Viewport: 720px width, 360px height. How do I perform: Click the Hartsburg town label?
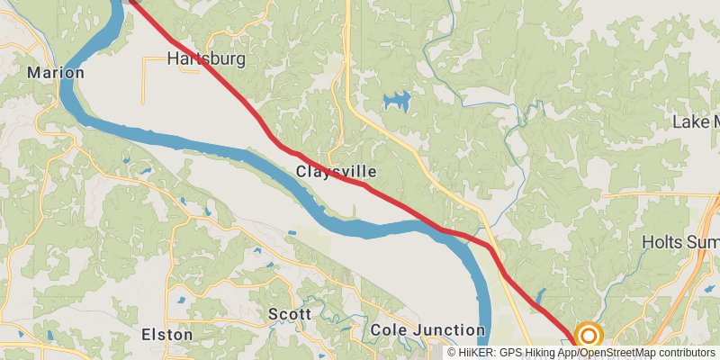207,60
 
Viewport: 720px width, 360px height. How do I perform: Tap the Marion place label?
56,72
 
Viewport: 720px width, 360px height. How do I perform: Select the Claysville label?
336,171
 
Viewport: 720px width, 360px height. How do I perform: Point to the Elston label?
167,334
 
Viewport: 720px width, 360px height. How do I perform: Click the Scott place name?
290,314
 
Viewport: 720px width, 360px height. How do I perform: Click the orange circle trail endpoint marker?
589,337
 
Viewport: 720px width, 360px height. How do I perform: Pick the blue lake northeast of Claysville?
396,100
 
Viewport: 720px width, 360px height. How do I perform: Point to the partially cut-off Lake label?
697,121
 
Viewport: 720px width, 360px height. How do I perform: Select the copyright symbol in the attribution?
452,353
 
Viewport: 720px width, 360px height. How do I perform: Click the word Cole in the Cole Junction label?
387,330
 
